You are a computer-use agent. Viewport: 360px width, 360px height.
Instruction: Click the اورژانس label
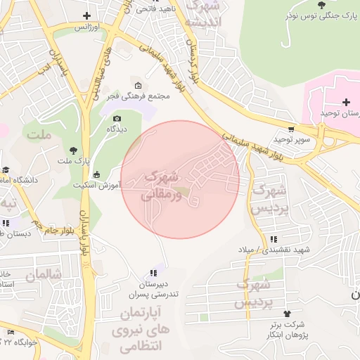tap(84, 27)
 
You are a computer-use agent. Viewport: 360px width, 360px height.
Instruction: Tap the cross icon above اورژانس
tap(87, 15)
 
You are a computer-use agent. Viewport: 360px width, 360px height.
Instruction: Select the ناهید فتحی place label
tap(152, 9)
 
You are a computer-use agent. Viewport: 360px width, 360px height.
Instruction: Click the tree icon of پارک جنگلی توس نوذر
tap(321, 4)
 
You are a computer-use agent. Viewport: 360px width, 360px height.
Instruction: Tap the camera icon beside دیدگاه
tap(117, 118)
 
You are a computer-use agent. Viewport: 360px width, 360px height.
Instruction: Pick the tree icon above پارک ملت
tap(73, 149)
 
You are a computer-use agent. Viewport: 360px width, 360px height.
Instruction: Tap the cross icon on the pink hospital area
tap(346, 102)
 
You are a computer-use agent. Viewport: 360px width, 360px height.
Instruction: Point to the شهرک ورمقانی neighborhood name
tap(165, 184)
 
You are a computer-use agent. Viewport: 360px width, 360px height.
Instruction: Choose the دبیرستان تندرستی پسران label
tap(153, 288)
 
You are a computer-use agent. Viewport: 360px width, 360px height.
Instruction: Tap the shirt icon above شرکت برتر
tap(286, 313)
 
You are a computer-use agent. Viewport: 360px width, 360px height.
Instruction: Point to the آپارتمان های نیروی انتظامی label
tap(132, 328)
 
